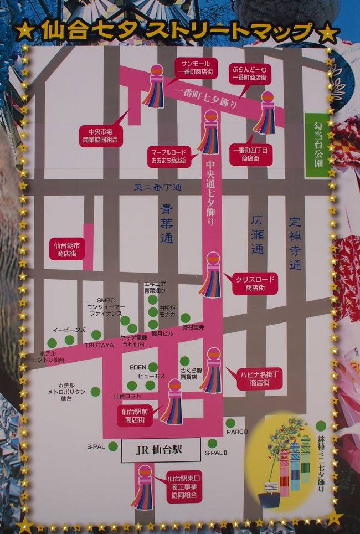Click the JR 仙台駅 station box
tap(160, 450)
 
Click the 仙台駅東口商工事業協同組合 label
tap(184, 487)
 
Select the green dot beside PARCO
tap(230, 423)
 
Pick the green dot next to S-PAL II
tap(212, 443)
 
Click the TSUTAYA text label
tap(100, 345)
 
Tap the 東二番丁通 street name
tap(158, 188)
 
